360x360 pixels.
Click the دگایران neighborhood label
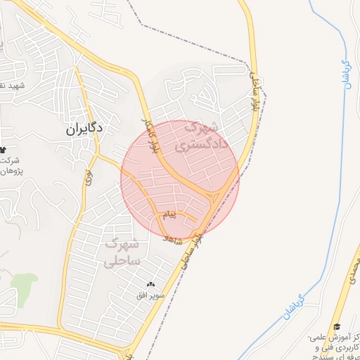click(x=84, y=128)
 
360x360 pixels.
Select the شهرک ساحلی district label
click(x=122, y=252)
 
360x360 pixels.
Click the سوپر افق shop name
click(x=150, y=296)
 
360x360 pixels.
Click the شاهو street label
click(x=173, y=239)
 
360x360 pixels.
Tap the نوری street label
click(x=89, y=176)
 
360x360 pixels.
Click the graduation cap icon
click(x=337, y=327)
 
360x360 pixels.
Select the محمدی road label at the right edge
click(x=354, y=271)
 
